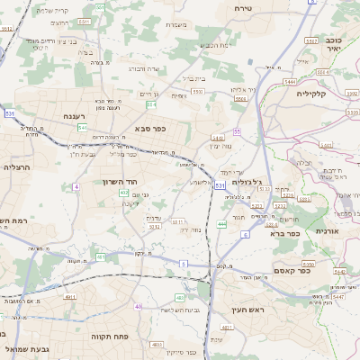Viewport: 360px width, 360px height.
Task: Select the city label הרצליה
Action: pos(17,167)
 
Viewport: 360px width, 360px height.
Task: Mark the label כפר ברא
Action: pos(284,232)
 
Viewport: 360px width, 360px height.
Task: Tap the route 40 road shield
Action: pos(139,306)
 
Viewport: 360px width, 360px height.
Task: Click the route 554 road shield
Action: pos(152,105)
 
